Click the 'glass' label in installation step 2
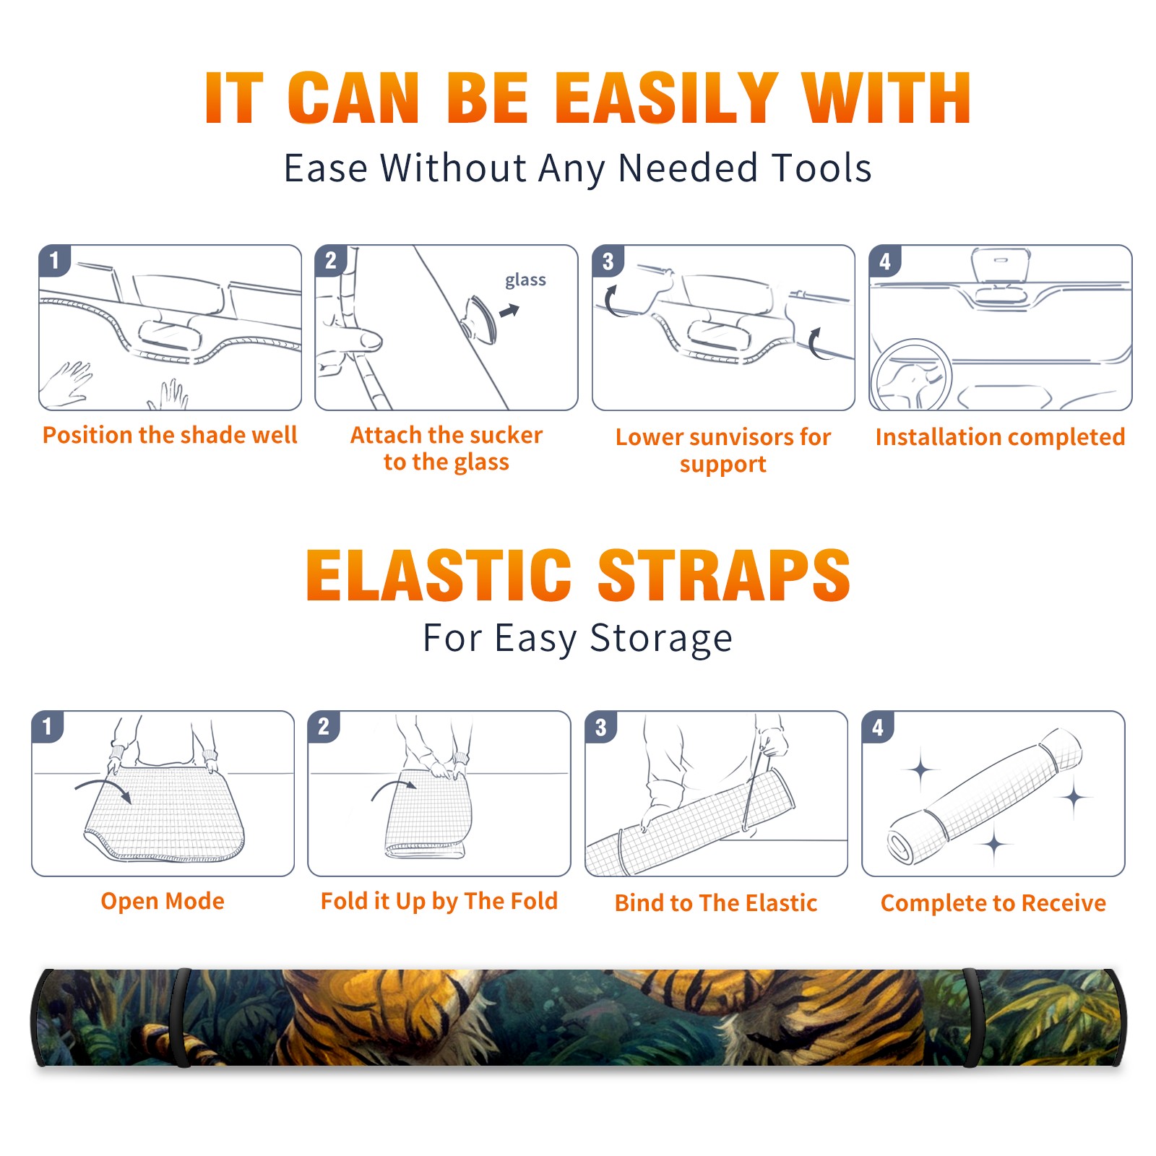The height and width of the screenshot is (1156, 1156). [525, 280]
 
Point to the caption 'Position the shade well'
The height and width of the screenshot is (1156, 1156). [170, 435]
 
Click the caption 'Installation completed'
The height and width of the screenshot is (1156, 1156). [1000, 437]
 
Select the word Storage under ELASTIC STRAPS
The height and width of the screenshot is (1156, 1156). [661, 639]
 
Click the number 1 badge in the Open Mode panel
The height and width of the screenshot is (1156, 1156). [48, 726]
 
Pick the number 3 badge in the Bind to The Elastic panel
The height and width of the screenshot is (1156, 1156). [601, 727]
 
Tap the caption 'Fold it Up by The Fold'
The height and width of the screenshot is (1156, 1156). [439, 901]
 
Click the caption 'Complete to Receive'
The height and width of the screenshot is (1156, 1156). [993, 903]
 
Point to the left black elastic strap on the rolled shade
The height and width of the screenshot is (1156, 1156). [181, 1018]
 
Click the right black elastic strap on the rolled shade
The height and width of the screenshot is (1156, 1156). [972, 1018]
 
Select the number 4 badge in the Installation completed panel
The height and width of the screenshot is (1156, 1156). [885, 261]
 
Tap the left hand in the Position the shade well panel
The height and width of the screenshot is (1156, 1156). [66, 383]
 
